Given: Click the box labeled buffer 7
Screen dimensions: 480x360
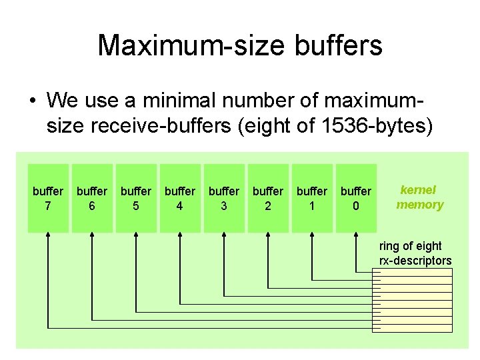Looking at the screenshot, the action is (48, 198).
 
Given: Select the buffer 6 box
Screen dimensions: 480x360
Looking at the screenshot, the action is (92, 198).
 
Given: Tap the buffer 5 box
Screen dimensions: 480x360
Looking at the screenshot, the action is (136, 198).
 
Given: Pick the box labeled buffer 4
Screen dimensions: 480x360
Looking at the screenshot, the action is (180, 198).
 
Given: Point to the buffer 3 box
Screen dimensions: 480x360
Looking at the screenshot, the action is (224, 198).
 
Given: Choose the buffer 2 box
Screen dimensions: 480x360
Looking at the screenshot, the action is (268, 198).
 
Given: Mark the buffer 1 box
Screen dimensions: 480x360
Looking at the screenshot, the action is (312, 198).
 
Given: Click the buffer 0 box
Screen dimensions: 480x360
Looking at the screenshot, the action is (356, 198).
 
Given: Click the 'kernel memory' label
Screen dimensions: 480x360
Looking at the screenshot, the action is (419, 197).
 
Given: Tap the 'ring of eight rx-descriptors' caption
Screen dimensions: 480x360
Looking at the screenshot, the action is (415, 253).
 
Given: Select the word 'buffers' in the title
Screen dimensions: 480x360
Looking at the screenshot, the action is (340, 45).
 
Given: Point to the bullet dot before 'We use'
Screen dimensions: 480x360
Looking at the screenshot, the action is (32, 101).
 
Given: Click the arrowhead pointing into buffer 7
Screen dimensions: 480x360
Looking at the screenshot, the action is (48, 237).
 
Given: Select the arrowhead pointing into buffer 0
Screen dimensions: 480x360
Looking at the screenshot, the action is (356, 237).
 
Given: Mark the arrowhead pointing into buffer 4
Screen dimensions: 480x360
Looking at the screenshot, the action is (180, 237).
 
